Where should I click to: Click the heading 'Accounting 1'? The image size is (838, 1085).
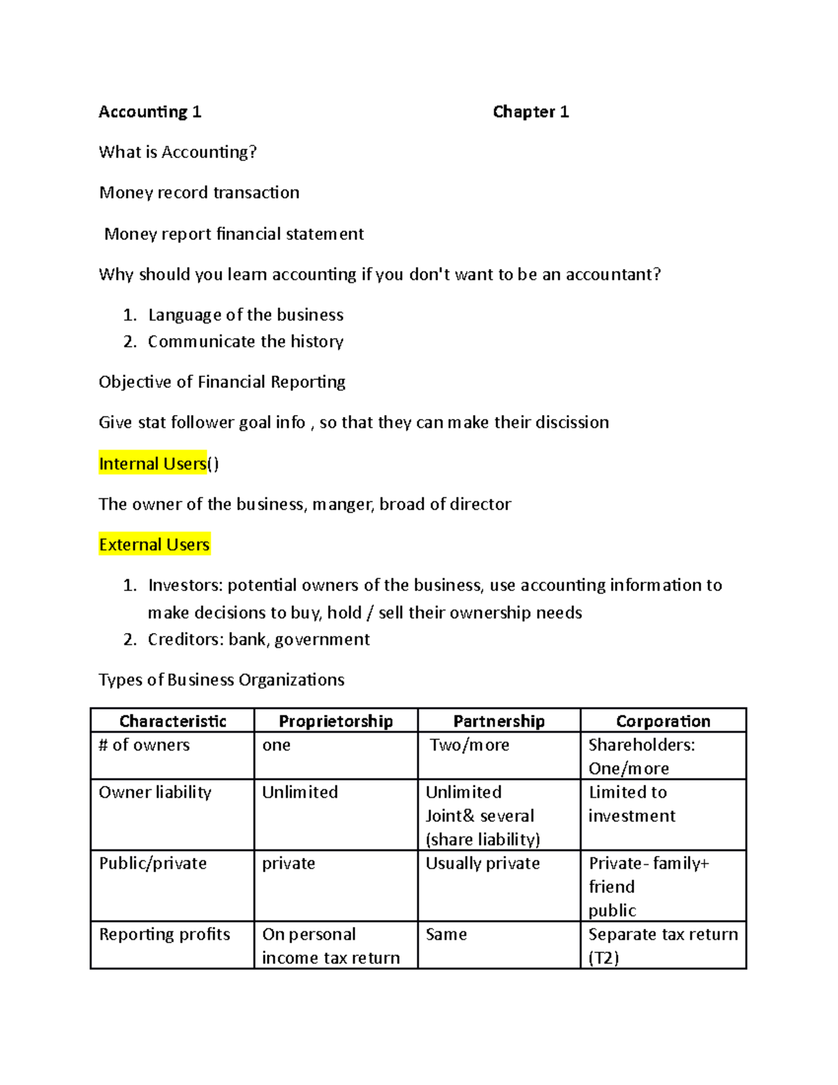[x=149, y=112]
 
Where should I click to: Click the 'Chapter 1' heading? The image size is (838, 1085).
[x=530, y=112]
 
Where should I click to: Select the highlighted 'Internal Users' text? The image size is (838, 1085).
[x=153, y=464]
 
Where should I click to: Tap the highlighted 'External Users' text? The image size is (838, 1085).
[x=154, y=545]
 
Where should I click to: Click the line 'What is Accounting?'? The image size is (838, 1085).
[x=177, y=152]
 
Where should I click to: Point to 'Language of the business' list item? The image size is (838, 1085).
[x=245, y=315]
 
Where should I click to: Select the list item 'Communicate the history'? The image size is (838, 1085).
[x=245, y=342]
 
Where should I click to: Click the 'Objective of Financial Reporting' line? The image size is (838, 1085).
[x=221, y=382]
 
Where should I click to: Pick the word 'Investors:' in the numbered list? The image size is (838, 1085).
[x=185, y=585]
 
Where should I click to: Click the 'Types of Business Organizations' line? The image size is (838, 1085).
[x=221, y=680]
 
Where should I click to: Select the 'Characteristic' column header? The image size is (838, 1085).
[x=172, y=721]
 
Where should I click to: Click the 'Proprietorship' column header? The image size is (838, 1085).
[x=335, y=721]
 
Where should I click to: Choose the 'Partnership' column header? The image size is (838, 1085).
[x=499, y=721]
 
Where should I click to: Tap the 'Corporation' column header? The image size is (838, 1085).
[x=663, y=721]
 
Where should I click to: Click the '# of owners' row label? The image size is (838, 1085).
[x=144, y=745]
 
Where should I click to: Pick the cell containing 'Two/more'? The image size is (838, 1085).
[x=469, y=745]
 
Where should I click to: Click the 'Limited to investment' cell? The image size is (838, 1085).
[x=631, y=804]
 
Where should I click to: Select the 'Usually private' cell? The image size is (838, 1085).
[x=483, y=864]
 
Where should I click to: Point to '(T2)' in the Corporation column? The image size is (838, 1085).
[x=603, y=958]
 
